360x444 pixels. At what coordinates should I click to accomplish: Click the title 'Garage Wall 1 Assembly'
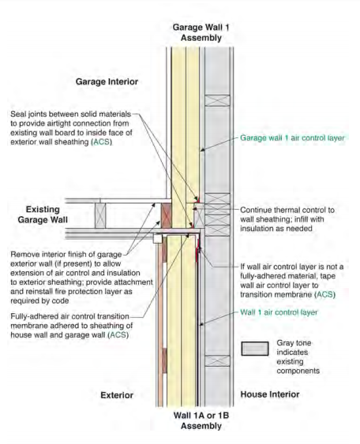tap(201, 32)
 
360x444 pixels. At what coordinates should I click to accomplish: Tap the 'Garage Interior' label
tap(107, 81)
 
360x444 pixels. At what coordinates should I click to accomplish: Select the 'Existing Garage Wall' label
tap(43, 215)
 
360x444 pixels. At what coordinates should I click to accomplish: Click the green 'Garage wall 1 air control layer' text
tap(292, 138)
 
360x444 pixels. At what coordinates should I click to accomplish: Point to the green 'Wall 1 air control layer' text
tap(279, 312)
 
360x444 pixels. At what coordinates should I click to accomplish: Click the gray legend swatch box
tap(255, 349)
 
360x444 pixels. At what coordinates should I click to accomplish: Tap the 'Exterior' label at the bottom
tap(117, 395)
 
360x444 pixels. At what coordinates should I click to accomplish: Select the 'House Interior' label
tap(270, 394)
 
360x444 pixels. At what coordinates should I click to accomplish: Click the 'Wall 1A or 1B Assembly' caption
tap(201, 420)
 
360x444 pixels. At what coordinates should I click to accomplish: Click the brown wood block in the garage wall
tap(166, 215)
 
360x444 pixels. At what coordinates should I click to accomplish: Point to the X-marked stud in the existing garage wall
tap(100, 215)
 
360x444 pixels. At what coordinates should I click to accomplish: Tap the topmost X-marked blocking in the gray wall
tap(217, 100)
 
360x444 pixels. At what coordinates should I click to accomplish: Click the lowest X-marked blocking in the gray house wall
tap(217, 360)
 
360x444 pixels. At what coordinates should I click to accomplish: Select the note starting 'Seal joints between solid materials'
tap(71, 128)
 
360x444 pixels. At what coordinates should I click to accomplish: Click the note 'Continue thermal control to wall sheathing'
tap(287, 219)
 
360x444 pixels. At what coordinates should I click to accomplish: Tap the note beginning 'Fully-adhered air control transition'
tap(71, 326)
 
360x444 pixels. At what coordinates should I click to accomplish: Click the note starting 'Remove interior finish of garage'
tap(81, 278)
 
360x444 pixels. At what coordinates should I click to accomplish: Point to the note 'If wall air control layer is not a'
tap(291, 281)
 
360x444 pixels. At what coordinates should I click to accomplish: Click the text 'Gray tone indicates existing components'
tap(298, 356)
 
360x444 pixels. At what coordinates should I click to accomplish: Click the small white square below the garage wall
tap(158, 238)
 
